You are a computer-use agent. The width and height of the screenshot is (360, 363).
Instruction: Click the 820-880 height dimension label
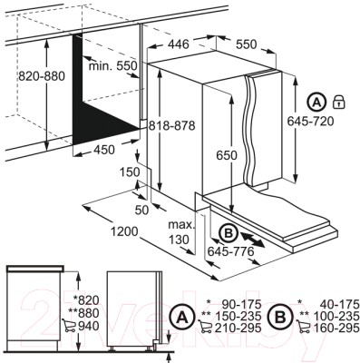(42, 76)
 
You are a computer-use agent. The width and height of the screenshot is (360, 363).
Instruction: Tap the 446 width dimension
(179, 44)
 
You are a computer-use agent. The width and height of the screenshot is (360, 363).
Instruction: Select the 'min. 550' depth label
(113, 65)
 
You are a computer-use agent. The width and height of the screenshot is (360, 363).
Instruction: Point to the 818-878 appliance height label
(171, 125)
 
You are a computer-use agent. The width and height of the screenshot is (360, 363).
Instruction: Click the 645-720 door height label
(310, 122)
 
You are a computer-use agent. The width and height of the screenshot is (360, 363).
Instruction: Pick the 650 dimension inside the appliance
(227, 155)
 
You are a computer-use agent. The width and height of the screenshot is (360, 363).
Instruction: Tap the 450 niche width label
(104, 150)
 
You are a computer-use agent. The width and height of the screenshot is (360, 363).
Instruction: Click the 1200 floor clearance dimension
(124, 231)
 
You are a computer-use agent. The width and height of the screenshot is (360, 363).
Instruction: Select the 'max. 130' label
(180, 232)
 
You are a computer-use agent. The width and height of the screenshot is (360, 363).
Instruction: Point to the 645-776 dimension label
(230, 251)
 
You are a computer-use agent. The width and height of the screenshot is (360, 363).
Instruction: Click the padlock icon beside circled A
(339, 102)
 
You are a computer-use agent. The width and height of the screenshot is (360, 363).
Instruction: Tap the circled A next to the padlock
(316, 102)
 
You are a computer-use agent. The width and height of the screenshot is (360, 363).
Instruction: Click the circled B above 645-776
(229, 233)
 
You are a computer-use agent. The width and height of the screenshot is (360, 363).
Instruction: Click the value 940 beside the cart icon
(89, 326)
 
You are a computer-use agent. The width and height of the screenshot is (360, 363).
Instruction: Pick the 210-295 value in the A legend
(238, 328)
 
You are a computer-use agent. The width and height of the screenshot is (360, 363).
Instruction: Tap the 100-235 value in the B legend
(336, 317)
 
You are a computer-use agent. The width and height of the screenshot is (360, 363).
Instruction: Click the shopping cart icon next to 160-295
(304, 328)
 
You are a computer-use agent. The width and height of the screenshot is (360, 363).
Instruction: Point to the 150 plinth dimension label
(130, 172)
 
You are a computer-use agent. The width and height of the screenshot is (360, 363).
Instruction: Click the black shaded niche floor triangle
(100, 124)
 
